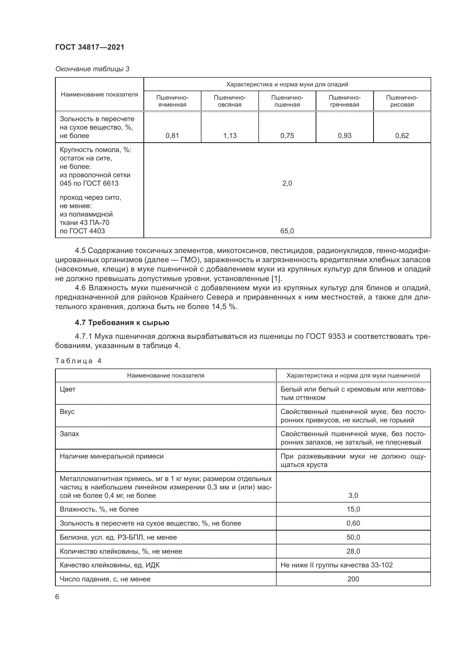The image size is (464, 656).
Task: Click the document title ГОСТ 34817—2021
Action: coord(90,47)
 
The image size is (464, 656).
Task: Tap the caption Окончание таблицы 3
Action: coord(92,69)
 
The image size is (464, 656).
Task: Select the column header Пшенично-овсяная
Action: coord(230,101)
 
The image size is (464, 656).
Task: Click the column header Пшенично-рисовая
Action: coord(402,101)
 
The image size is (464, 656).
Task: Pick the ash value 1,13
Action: coord(230,135)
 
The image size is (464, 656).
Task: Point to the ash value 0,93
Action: coord(344,135)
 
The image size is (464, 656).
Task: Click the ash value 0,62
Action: coord(402,135)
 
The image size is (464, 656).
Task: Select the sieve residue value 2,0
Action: coord(287,183)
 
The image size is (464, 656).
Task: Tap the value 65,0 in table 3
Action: coord(287,231)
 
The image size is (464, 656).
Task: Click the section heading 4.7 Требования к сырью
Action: coord(122,323)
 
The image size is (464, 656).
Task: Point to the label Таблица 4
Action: coord(78,361)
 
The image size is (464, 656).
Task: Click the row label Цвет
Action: coord(68,389)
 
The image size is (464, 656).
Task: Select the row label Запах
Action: coord(69,434)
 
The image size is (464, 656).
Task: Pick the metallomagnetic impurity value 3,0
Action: coord(353,495)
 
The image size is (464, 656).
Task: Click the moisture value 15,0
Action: coord(353,509)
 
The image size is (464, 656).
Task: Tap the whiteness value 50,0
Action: coord(353,537)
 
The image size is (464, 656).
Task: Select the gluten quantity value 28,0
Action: coord(353,551)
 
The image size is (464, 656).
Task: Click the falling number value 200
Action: coord(353,579)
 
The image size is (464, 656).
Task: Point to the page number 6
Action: coord(57,597)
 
